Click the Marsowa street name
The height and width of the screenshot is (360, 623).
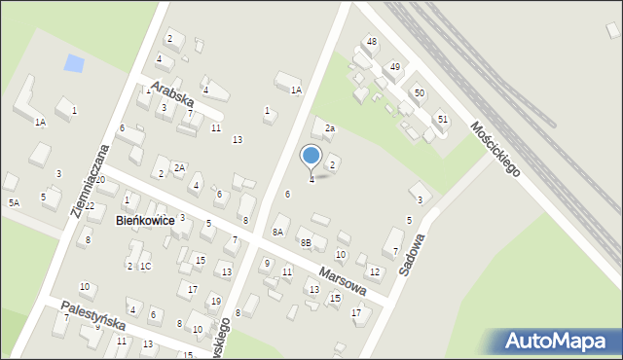(x=340, y=275)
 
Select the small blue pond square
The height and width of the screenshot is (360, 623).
(x=73, y=64)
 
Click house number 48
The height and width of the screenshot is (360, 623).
(x=371, y=41)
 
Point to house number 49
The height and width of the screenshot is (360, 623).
(x=394, y=66)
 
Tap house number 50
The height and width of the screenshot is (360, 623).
(x=419, y=92)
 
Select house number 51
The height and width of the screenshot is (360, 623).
(x=443, y=118)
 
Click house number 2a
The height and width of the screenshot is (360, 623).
(x=330, y=128)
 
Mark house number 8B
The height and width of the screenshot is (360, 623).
(x=305, y=242)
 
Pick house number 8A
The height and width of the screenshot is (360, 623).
(x=277, y=232)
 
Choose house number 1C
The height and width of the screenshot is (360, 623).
(x=145, y=266)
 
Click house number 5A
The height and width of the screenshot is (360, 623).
(x=14, y=202)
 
